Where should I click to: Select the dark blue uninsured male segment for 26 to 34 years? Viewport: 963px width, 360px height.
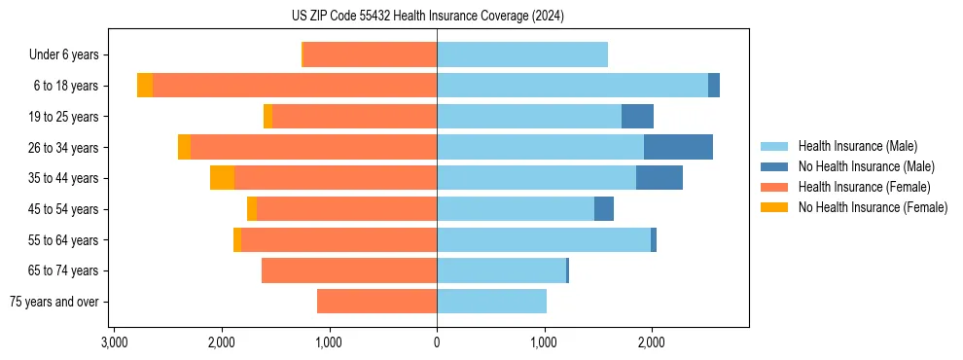coord(678,147)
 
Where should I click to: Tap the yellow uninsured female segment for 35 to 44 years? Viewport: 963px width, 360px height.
coord(222,178)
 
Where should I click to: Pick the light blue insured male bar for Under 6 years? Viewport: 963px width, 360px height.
coord(522,54)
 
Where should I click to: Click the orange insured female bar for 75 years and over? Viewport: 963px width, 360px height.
coord(376,302)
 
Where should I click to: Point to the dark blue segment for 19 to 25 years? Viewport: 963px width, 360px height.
coord(637,117)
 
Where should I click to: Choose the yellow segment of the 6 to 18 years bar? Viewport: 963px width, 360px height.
coord(145,86)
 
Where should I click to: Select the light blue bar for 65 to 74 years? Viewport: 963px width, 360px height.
coord(501,270)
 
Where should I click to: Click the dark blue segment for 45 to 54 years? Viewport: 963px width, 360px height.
coord(604,208)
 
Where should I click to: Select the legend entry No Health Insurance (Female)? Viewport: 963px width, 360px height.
coord(873,207)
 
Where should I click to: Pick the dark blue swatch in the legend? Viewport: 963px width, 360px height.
coord(774,166)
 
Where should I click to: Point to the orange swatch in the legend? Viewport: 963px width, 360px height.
coord(774,187)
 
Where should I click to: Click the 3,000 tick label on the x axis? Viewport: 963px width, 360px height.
coord(115,342)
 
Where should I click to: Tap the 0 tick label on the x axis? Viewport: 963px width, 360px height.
coord(437,342)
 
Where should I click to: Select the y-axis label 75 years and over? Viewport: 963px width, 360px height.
coord(53,302)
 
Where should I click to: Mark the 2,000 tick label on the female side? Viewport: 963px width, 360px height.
coord(222,342)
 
